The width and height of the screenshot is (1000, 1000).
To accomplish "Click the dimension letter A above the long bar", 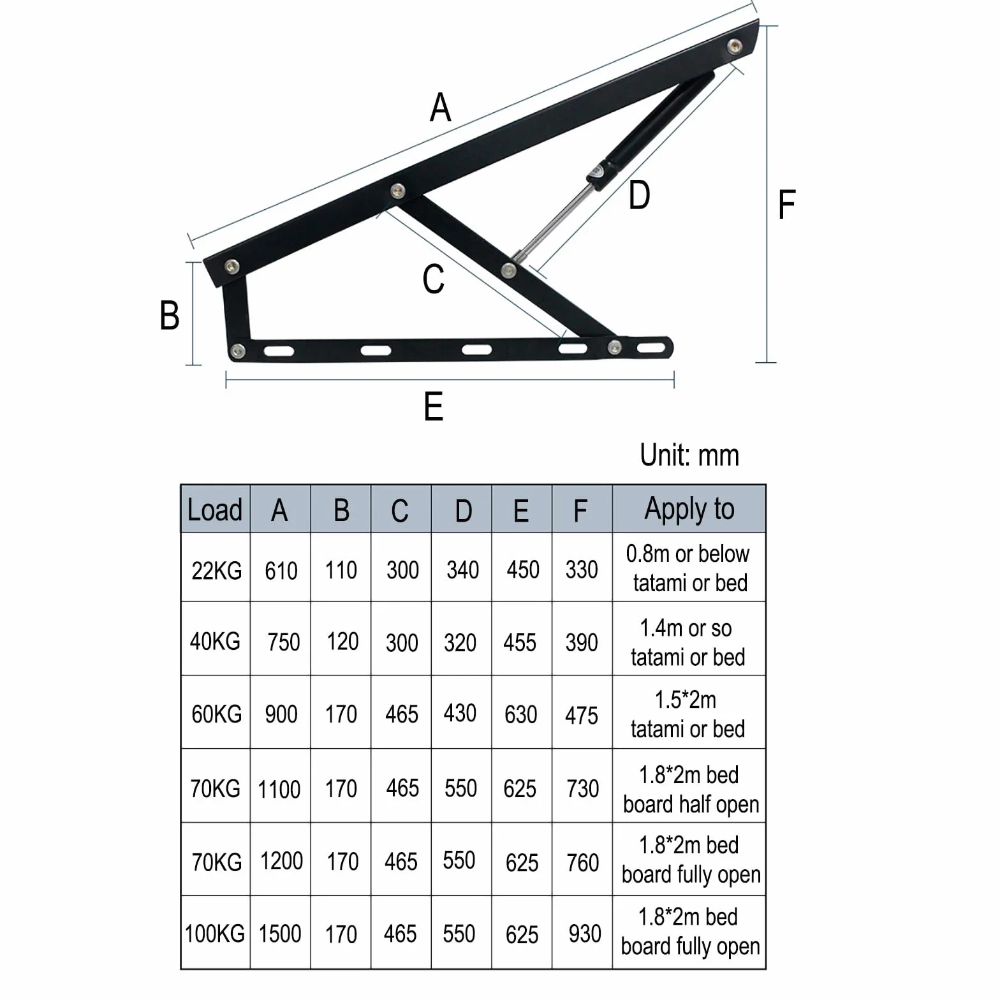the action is [x=441, y=107].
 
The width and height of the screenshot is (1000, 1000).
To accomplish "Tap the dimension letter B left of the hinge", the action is [x=170, y=315].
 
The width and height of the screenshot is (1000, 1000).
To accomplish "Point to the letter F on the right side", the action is [x=787, y=205].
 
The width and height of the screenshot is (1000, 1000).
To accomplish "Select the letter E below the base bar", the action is [x=434, y=406].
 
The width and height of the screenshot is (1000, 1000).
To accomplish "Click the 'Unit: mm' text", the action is [x=689, y=455].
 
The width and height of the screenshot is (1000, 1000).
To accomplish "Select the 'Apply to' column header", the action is [x=689, y=510].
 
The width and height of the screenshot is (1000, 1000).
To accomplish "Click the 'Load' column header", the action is [x=215, y=510].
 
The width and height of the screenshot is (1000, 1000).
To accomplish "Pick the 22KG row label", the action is [x=217, y=570].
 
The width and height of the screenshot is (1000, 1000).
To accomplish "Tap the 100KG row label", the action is [x=215, y=934].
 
